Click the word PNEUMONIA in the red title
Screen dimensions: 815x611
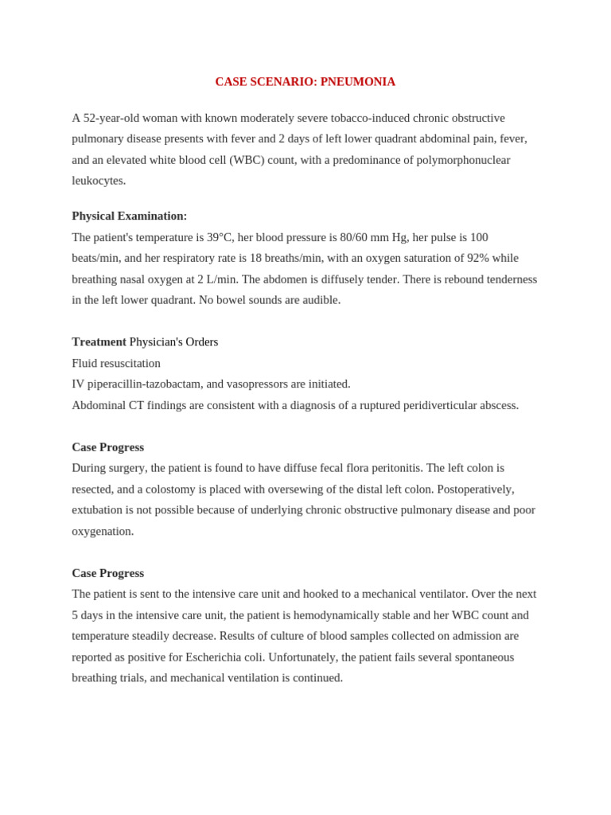tap(357, 82)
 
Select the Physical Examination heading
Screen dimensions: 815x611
tap(130, 216)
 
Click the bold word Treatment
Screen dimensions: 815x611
tap(99, 341)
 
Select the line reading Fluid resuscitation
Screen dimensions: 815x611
tap(116, 363)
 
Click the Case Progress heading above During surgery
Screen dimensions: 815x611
tap(107, 447)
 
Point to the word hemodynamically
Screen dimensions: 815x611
tap(335, 615)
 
